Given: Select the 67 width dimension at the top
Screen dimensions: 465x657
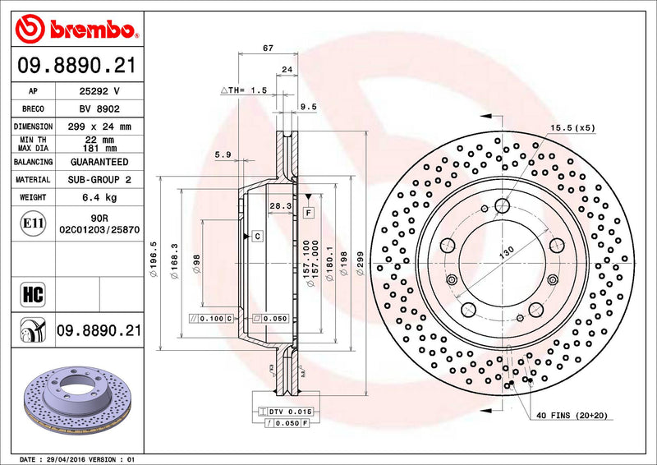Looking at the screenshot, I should click(x=268, y=48).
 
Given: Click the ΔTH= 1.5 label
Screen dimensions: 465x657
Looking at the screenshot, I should click(x=244, y=90).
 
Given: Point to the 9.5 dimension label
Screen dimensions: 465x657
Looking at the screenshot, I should click(x=309, y=106).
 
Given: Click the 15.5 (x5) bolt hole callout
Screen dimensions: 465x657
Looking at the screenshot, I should click(x=572, y=128).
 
